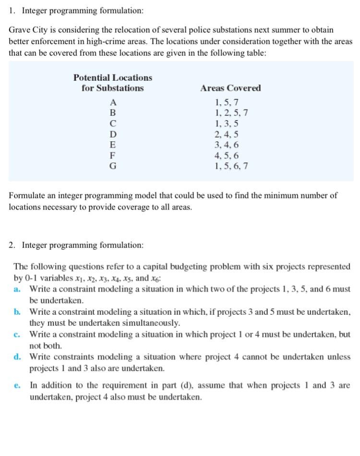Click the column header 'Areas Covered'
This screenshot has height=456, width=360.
(230, 88)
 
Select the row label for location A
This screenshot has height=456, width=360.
(113, 102)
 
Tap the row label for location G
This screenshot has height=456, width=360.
(113, 166)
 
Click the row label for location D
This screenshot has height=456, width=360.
(113, 134)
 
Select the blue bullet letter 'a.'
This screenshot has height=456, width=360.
(18, 289)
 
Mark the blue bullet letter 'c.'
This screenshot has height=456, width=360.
(18, 334)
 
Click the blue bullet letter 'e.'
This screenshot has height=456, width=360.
(18, 385)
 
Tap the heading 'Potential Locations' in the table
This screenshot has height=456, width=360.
(113, 77)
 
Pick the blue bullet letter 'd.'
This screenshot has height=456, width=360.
(18, 357)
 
